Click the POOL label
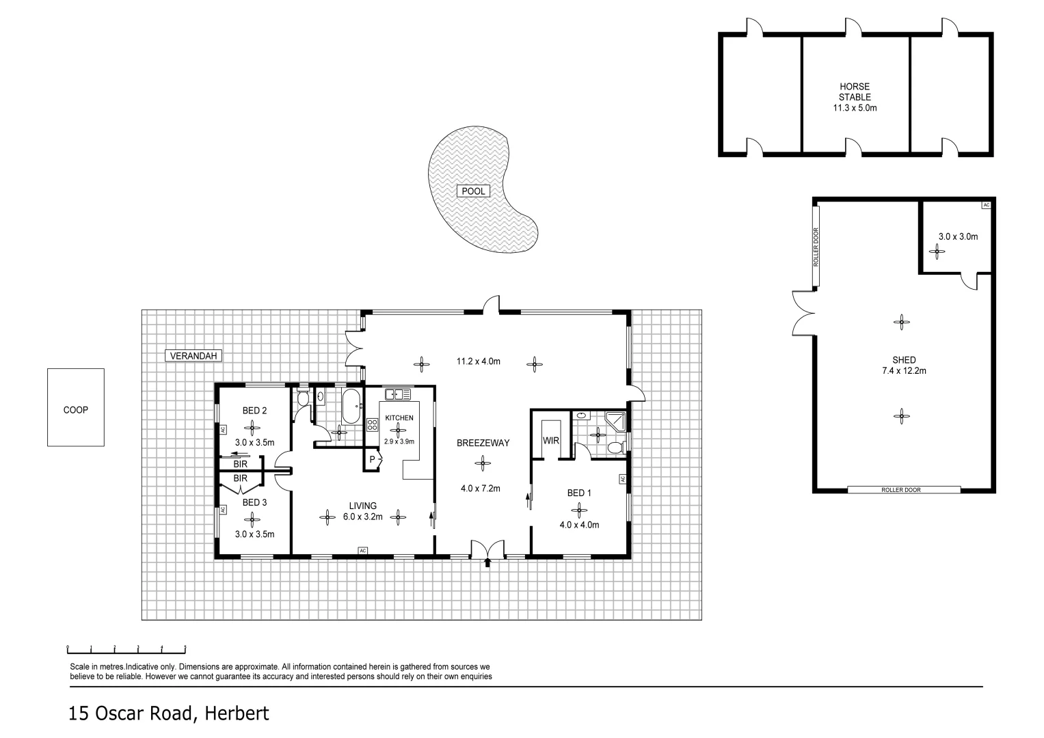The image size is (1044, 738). (473, 191)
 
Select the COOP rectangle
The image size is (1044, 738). (75, 408)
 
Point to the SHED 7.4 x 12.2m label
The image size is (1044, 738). (904, 366)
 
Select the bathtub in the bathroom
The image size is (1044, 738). (353, 407)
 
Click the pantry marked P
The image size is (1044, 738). (372, 460)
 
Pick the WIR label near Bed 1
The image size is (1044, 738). (551, 441)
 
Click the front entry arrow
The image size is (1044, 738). (487, 562)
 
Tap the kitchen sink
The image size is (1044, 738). (397, 394)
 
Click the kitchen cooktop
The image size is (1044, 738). (373, 424)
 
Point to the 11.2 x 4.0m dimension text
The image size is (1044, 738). (479, 361)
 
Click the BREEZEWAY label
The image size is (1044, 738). (483, 443)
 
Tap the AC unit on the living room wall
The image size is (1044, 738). (362, 551)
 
